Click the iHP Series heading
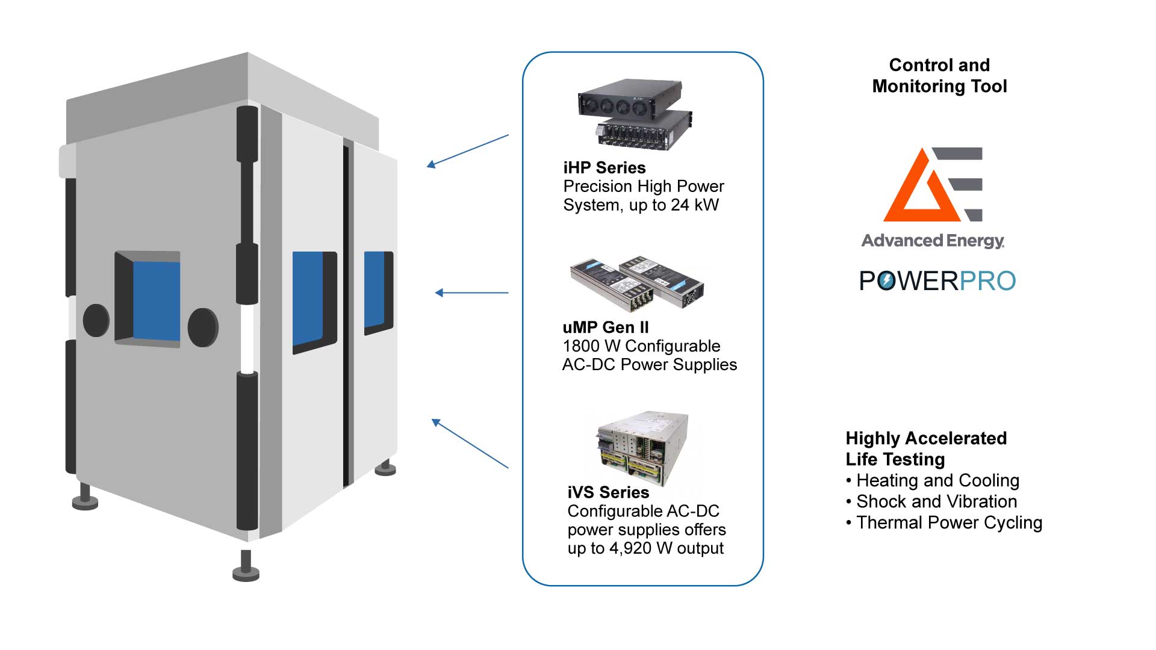604,168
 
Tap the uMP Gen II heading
605,327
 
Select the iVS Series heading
608,492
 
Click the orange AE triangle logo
915,190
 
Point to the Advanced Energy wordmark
933,241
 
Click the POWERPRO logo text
937,281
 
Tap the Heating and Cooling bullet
937,481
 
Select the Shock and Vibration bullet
936,502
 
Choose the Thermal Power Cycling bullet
948,523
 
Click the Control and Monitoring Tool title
939,75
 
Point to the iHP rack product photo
635,114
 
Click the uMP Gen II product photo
636,283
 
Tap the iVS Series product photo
642,448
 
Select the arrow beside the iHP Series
467,150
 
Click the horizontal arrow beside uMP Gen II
471,293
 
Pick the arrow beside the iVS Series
470,444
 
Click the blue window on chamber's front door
155,300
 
